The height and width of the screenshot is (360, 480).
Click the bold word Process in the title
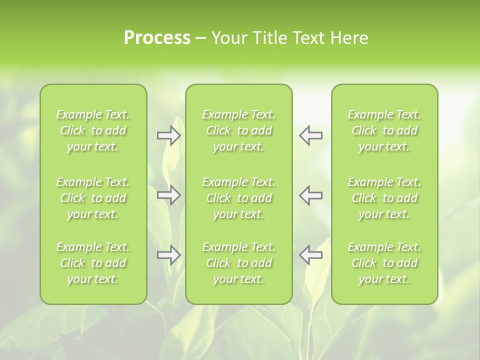[157, 38]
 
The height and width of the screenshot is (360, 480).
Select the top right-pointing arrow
[169, 135]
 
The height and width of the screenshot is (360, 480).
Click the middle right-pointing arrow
[169, 195]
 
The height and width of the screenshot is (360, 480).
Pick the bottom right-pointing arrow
[169, 255]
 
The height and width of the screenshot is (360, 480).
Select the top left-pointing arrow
[310, 135]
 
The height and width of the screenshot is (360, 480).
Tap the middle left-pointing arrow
[310, 195]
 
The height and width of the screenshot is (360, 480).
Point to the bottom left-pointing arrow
[310, 255]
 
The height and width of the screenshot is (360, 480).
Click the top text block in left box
[93, 130]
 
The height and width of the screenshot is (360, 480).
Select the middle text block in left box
[93, 198]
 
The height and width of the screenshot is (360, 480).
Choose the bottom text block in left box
[93, 263]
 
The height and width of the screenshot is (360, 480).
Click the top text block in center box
[238, 130]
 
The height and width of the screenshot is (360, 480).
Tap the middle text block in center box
[238, 198]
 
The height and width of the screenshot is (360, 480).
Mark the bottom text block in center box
[238, 263]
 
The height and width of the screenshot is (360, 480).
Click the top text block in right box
[384, 130]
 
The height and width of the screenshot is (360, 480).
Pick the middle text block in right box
[384, 198]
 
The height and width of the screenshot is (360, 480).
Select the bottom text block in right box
[384, 263]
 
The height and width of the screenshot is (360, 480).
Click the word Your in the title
[229, 38]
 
